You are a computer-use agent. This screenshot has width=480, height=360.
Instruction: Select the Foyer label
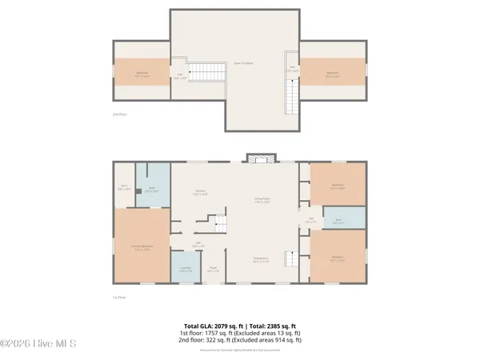pos(213,270)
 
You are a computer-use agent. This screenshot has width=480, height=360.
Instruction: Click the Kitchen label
pos(201,192)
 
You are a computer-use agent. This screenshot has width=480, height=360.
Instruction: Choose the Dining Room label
pos(260,259)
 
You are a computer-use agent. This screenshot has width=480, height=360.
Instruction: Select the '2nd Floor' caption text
pos(119,114)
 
